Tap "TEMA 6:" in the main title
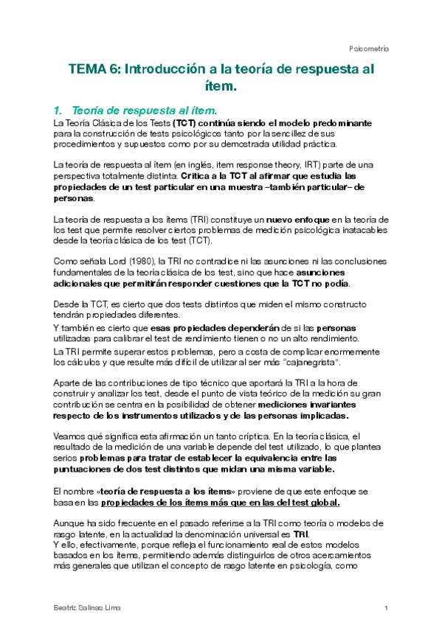(x=94, y=70)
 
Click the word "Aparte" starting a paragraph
(x=69, y=383)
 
